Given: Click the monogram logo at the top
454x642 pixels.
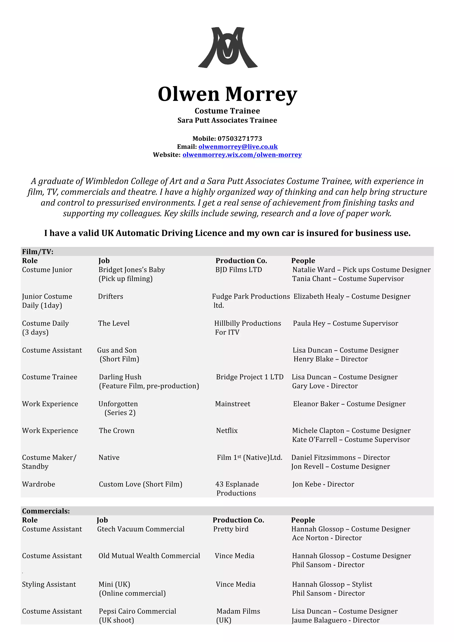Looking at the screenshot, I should click(x=228, y=47).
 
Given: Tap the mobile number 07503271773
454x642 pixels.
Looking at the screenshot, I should click(x=240, y=139).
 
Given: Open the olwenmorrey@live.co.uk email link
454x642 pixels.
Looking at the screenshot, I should click(x=238, y=147).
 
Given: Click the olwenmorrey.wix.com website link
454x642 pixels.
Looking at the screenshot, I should click(x=242, y=155).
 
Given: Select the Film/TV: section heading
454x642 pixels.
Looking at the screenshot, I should click(x=38, y=252).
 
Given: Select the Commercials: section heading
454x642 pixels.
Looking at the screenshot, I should click(x=46, y=511).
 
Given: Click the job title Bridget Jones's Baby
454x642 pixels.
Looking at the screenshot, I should click(x=131, y=270).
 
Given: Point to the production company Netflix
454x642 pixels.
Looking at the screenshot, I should click(x=227, y=431).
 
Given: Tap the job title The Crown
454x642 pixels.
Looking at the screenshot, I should click(x=117, y=431).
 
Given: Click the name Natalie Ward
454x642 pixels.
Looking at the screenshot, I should click(x=313, y=270).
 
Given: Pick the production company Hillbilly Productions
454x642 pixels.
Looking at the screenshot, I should click(x=247, y=323).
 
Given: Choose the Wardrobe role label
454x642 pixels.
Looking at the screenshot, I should click(x=39, y=484).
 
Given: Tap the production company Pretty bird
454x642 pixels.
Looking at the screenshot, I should click(x=231, y=529).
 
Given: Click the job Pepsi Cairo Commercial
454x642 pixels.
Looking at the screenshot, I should click(x=137, y=611).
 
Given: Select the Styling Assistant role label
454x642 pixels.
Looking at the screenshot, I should click(x=49, y=584).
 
